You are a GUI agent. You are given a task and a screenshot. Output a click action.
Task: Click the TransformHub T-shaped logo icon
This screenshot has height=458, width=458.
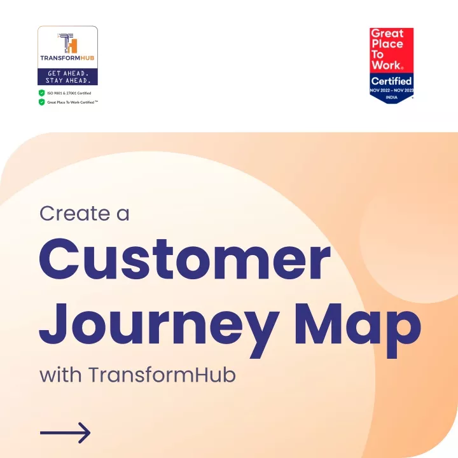67,43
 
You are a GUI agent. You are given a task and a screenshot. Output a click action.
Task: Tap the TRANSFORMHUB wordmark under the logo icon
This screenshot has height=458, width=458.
67,58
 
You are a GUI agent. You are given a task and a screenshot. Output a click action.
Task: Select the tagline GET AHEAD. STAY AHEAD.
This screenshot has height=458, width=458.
67,77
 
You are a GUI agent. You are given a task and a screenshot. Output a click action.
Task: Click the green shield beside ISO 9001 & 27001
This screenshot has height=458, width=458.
42,93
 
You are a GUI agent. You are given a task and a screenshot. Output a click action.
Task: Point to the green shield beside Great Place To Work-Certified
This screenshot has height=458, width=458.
42,102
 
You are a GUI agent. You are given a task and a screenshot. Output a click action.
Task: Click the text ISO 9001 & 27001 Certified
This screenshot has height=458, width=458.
69,93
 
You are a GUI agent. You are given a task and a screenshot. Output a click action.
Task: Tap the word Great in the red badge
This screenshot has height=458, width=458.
387,34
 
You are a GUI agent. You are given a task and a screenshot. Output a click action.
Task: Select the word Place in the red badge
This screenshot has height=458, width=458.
387,44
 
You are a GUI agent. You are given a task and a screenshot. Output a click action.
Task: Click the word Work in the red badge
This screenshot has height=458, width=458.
386,65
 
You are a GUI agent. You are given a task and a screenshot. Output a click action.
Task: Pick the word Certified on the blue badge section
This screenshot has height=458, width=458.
391,81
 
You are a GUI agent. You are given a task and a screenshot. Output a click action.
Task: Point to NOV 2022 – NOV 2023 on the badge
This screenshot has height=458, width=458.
391,90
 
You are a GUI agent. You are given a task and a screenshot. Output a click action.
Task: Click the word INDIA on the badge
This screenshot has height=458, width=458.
391,97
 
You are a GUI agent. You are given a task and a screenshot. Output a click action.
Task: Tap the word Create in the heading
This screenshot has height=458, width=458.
75,213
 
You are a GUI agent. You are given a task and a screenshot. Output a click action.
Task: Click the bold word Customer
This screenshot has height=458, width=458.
185,259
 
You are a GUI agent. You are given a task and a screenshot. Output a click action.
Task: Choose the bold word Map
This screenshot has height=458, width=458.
357,330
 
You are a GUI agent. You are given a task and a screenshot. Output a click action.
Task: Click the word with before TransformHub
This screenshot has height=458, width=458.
60,374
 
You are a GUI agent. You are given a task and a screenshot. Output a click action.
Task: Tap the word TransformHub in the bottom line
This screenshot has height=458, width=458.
162,374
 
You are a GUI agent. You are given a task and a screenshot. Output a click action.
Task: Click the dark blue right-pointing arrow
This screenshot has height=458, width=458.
65,433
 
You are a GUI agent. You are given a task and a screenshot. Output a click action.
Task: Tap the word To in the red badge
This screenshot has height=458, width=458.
377,55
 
